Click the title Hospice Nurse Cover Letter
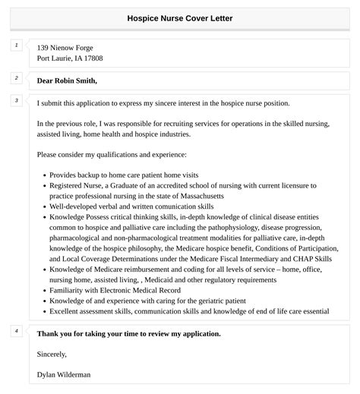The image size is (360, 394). tap(180, 17)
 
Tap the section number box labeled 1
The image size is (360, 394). tap(16, 46)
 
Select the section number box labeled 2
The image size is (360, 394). tap(16, 78)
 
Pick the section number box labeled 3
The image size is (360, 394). tap(16, 101)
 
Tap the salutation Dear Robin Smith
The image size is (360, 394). tap(67, 80)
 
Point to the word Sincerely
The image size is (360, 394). tap(52, 354)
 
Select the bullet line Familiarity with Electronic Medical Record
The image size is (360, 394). tap(117, 290)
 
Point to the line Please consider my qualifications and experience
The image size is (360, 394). tap(111, 155)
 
